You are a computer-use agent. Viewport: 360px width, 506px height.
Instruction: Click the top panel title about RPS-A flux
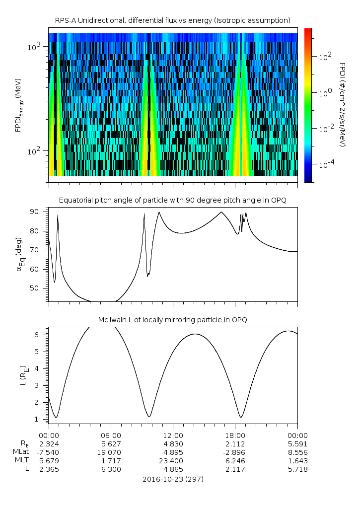click(172, 20)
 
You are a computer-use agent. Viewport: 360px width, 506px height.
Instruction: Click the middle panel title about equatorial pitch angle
click(172, 200)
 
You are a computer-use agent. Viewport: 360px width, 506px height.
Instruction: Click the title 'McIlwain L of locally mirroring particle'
click(172, 320)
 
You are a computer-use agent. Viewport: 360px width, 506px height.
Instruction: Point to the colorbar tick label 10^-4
click(325, 164)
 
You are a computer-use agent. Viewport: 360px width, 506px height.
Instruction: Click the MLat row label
click(21, 452)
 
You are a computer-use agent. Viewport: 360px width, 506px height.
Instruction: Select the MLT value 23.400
click(173, 460)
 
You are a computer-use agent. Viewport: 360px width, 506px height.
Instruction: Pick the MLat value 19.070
click(111, 452)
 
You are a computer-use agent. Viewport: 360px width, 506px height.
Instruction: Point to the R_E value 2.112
click(235, 443)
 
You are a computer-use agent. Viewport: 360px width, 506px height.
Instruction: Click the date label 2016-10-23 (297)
click(172, 479)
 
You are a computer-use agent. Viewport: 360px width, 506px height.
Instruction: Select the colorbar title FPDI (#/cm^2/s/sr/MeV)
click(343, 105)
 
